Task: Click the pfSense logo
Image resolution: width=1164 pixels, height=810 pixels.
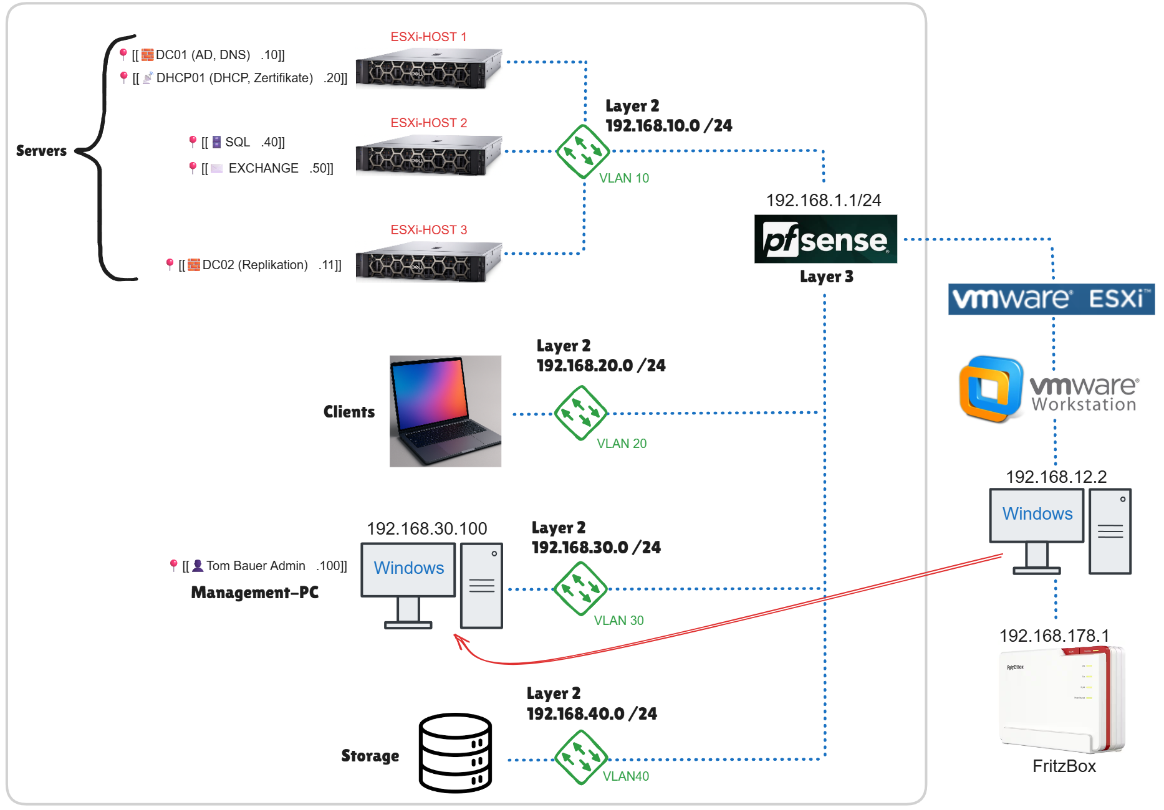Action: pyautogui.click(x=825, y=239)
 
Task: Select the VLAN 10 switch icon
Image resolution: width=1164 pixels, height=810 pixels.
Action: pyautogui.click(x=582, y=151)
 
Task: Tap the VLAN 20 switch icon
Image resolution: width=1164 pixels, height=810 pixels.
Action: pyautogui.click(x=580, y=413)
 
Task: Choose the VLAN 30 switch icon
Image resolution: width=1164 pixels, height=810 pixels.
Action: pyautogui.click(x=580, y=589)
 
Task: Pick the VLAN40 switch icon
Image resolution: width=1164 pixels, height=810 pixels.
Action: pyautogui.click(x=580, y=758)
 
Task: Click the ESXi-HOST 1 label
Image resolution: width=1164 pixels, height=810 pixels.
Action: pyautogui.click(x=428, y=37)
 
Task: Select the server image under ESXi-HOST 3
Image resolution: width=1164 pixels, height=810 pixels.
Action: pyautogui.click(x=429, y=262)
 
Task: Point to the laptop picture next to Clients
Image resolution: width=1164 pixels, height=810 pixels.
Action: pyautogui.click(x=445, y=411)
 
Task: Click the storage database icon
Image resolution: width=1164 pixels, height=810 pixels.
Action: pyautogui.click(x=455, y=753)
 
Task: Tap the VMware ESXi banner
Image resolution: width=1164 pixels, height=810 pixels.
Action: pyautogui.click(x=1051, y=299)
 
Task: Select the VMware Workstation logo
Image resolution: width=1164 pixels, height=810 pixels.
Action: pyautogui.click(x=1049, y=390)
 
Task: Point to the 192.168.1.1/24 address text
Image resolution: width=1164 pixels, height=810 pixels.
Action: pyautogui.click(x=823, y=201)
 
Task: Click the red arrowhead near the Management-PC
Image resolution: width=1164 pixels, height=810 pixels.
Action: pyautogui.click(x=461, y=642)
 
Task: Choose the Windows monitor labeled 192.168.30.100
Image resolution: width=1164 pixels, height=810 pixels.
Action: pyautogui.click(x=408, y=569)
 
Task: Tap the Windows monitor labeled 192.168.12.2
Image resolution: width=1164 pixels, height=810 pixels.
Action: pyautogui.click(x=1037, y=515)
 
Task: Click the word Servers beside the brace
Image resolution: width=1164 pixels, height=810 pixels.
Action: pyautogui.click(x=41, y=151)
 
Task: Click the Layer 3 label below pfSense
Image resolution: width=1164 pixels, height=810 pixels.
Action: pyautogui.click(x=826, y=277)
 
